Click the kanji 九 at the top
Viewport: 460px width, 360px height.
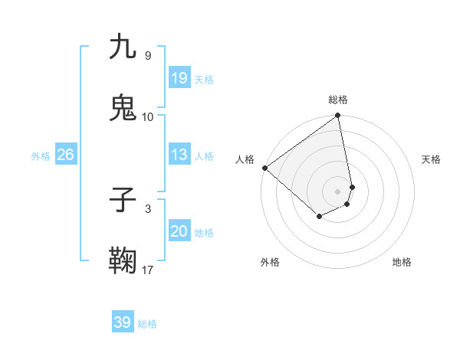tap(123, 47)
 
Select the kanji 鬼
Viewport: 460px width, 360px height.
tap(123, 109)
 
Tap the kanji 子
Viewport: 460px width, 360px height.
tap(123, 201)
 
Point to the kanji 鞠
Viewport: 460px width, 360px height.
tap(123, 262)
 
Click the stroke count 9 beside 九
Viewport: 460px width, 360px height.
tap(148, 55)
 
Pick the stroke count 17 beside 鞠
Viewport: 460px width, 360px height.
tap(148, 270)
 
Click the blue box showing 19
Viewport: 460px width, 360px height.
tap(179, 78)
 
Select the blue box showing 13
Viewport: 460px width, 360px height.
tap(179, 155)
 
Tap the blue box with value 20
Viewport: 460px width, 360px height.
tap(179, 231)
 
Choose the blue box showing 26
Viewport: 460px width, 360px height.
tap(65, 155)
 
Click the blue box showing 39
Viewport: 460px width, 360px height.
tap(123, 322)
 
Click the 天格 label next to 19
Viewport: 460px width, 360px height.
tap(204, 80)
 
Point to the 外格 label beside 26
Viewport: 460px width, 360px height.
tap(41, 156)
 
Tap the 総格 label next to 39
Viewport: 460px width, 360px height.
tap(147, 324)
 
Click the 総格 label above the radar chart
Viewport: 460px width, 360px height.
tap(338, 100)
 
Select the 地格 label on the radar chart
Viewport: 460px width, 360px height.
tap(402, 262)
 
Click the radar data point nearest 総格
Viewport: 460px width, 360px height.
tap(337, 116)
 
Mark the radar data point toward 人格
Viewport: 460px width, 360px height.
tap(264, 168)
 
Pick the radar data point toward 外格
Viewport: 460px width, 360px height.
tap(319, 218)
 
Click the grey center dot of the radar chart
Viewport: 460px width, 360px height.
tap(338, 191)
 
